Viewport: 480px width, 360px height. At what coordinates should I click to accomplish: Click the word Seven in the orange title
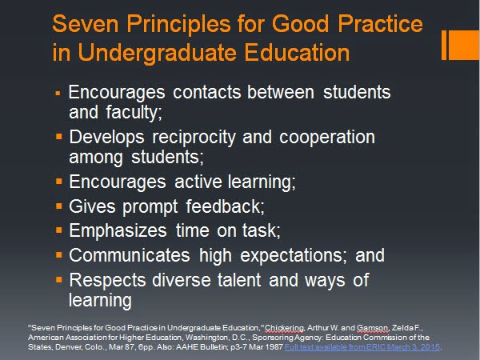pyautogui.click(x=86, y=23)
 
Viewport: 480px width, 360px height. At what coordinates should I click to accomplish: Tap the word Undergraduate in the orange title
pyautogui.click(x=158, y=53)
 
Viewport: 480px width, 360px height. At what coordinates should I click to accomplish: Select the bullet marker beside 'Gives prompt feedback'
pyautogui.click(x=59, y=206)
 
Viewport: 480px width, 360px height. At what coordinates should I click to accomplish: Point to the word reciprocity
pyautogui.click(x=194, y=138)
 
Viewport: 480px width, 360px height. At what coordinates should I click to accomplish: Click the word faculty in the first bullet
pyautogui.click(x=134, y=112)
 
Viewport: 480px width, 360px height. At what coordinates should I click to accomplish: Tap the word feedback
pyautogui.click(x=224, y=206)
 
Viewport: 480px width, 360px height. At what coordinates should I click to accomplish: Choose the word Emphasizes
pyautogui.click(x=118, y=230)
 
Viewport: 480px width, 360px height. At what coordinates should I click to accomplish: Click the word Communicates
pyautogui.click(x=130, y=255)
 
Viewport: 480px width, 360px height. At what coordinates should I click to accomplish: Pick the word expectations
pyautogui.click(x=293, y=256)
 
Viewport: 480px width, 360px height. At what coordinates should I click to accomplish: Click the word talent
pyautogui.click(x=239, y=280)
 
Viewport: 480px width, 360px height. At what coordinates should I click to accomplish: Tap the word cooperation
pyautogui.click(x=327, y=138)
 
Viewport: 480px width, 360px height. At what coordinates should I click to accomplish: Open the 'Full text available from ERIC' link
pyautogui.click(x=362, y=347)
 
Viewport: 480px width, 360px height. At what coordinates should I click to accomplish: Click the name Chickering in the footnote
pyautogui.click(x=284, y=328)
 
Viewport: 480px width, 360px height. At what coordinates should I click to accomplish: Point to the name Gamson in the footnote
pyautogui.click(x=373, y=328)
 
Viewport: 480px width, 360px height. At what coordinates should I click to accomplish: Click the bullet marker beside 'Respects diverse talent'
pyautogui.click(x=59, y=279)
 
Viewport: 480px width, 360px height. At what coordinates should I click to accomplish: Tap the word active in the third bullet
pyautogui.click(x=198, y=182)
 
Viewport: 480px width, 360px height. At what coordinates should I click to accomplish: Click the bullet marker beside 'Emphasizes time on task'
pyautogui.click(x=59, y=230)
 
